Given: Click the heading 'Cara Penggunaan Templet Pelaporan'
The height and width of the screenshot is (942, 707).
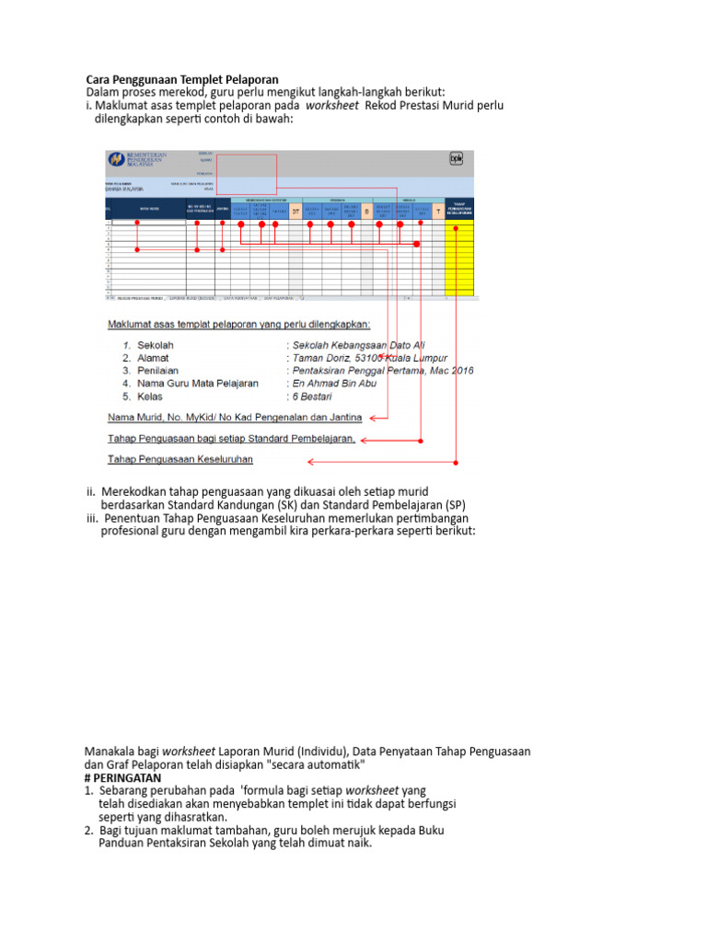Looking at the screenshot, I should click(181, 79).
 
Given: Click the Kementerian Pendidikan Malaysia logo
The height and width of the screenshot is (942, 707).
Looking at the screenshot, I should click(116, 159).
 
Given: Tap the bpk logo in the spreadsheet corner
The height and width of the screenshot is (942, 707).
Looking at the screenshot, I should click(456, 158).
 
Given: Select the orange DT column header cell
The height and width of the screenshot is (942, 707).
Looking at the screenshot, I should click(296, 211).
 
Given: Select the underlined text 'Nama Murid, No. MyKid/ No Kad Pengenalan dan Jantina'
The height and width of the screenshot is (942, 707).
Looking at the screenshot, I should click(235, 417).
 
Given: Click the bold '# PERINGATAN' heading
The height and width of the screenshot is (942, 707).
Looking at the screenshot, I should click(122, 777).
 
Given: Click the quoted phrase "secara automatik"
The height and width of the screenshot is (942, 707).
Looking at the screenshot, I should click(317, 764).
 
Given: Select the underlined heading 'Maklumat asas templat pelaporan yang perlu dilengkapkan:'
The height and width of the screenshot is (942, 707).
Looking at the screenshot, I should click(238, 324).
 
